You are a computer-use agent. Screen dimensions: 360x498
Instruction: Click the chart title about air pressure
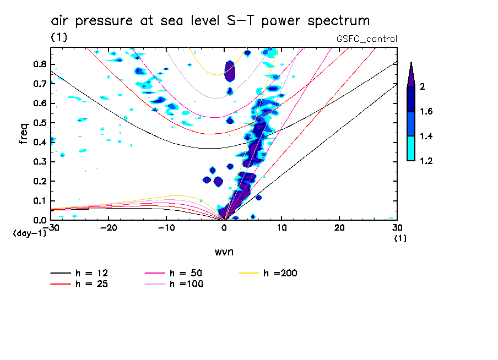210,21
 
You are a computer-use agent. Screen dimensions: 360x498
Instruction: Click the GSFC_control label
366,39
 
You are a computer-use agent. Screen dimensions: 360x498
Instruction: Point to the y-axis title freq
24,133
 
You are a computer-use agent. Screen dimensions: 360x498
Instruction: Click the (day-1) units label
29,233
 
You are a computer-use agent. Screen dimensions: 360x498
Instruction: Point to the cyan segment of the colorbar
410,148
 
